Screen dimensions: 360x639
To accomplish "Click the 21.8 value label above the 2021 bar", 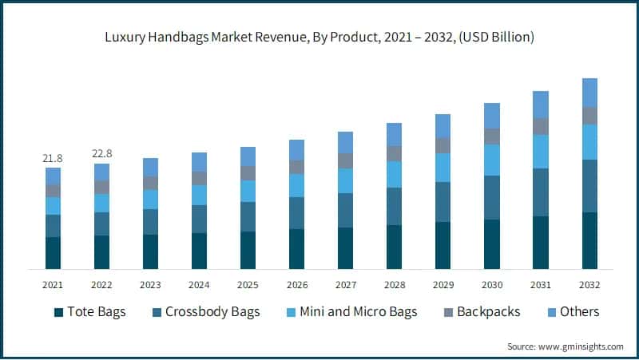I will coord(53,159).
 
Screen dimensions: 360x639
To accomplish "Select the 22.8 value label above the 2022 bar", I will coord(101,154).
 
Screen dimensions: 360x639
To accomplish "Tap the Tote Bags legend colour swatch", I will coord(58,311).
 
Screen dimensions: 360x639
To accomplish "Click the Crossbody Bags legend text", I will coord(212,311).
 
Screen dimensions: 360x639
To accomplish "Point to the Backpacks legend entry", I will coord(487,311).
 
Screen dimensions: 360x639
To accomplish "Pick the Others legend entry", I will coord(577,311).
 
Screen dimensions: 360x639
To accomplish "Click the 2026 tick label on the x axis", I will coord(296,285).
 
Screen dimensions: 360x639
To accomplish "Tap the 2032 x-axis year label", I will coord(589,285).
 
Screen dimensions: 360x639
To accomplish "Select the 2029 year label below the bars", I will coord(443,285).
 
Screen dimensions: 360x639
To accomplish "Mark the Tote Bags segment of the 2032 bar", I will coord(589,240).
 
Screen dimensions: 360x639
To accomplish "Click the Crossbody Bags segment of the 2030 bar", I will coord(492,198).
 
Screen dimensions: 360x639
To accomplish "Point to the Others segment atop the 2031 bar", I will coord(541,105).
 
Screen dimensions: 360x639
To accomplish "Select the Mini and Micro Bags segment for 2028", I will coord(394,174).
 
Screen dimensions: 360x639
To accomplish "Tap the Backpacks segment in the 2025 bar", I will coord(248,173).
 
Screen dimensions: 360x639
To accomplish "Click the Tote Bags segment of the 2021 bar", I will coord(53,252).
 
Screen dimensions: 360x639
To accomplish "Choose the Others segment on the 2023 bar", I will coord(150,167).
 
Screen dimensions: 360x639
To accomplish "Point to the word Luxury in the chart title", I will coord(123,38).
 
